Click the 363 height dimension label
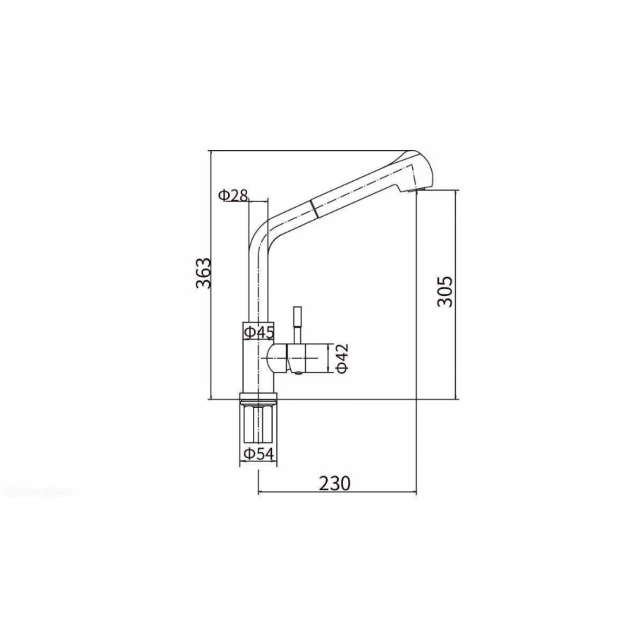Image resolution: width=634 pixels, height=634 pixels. tap(204, 273)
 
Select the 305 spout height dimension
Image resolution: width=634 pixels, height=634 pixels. tap(445, 291)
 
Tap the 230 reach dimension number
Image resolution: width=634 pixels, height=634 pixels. tap(335, 483)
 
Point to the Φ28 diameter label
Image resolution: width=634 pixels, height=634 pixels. tap(233, 196)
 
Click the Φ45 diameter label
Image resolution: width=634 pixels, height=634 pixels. tap(259, 332)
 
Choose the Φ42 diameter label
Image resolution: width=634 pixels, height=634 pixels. tap(342, 359)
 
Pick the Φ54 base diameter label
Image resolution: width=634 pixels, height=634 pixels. tap(259, 454)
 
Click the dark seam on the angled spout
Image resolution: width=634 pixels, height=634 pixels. tap(313, 208)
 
